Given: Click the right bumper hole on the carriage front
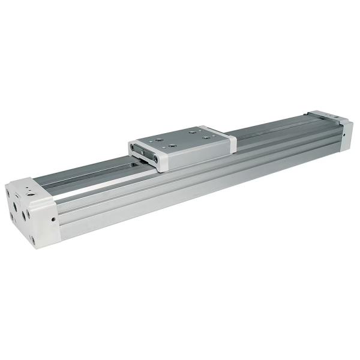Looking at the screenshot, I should coord(158,160).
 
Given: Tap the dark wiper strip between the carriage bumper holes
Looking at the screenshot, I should coord(147,155).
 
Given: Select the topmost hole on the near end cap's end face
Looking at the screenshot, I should coord(14,191).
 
